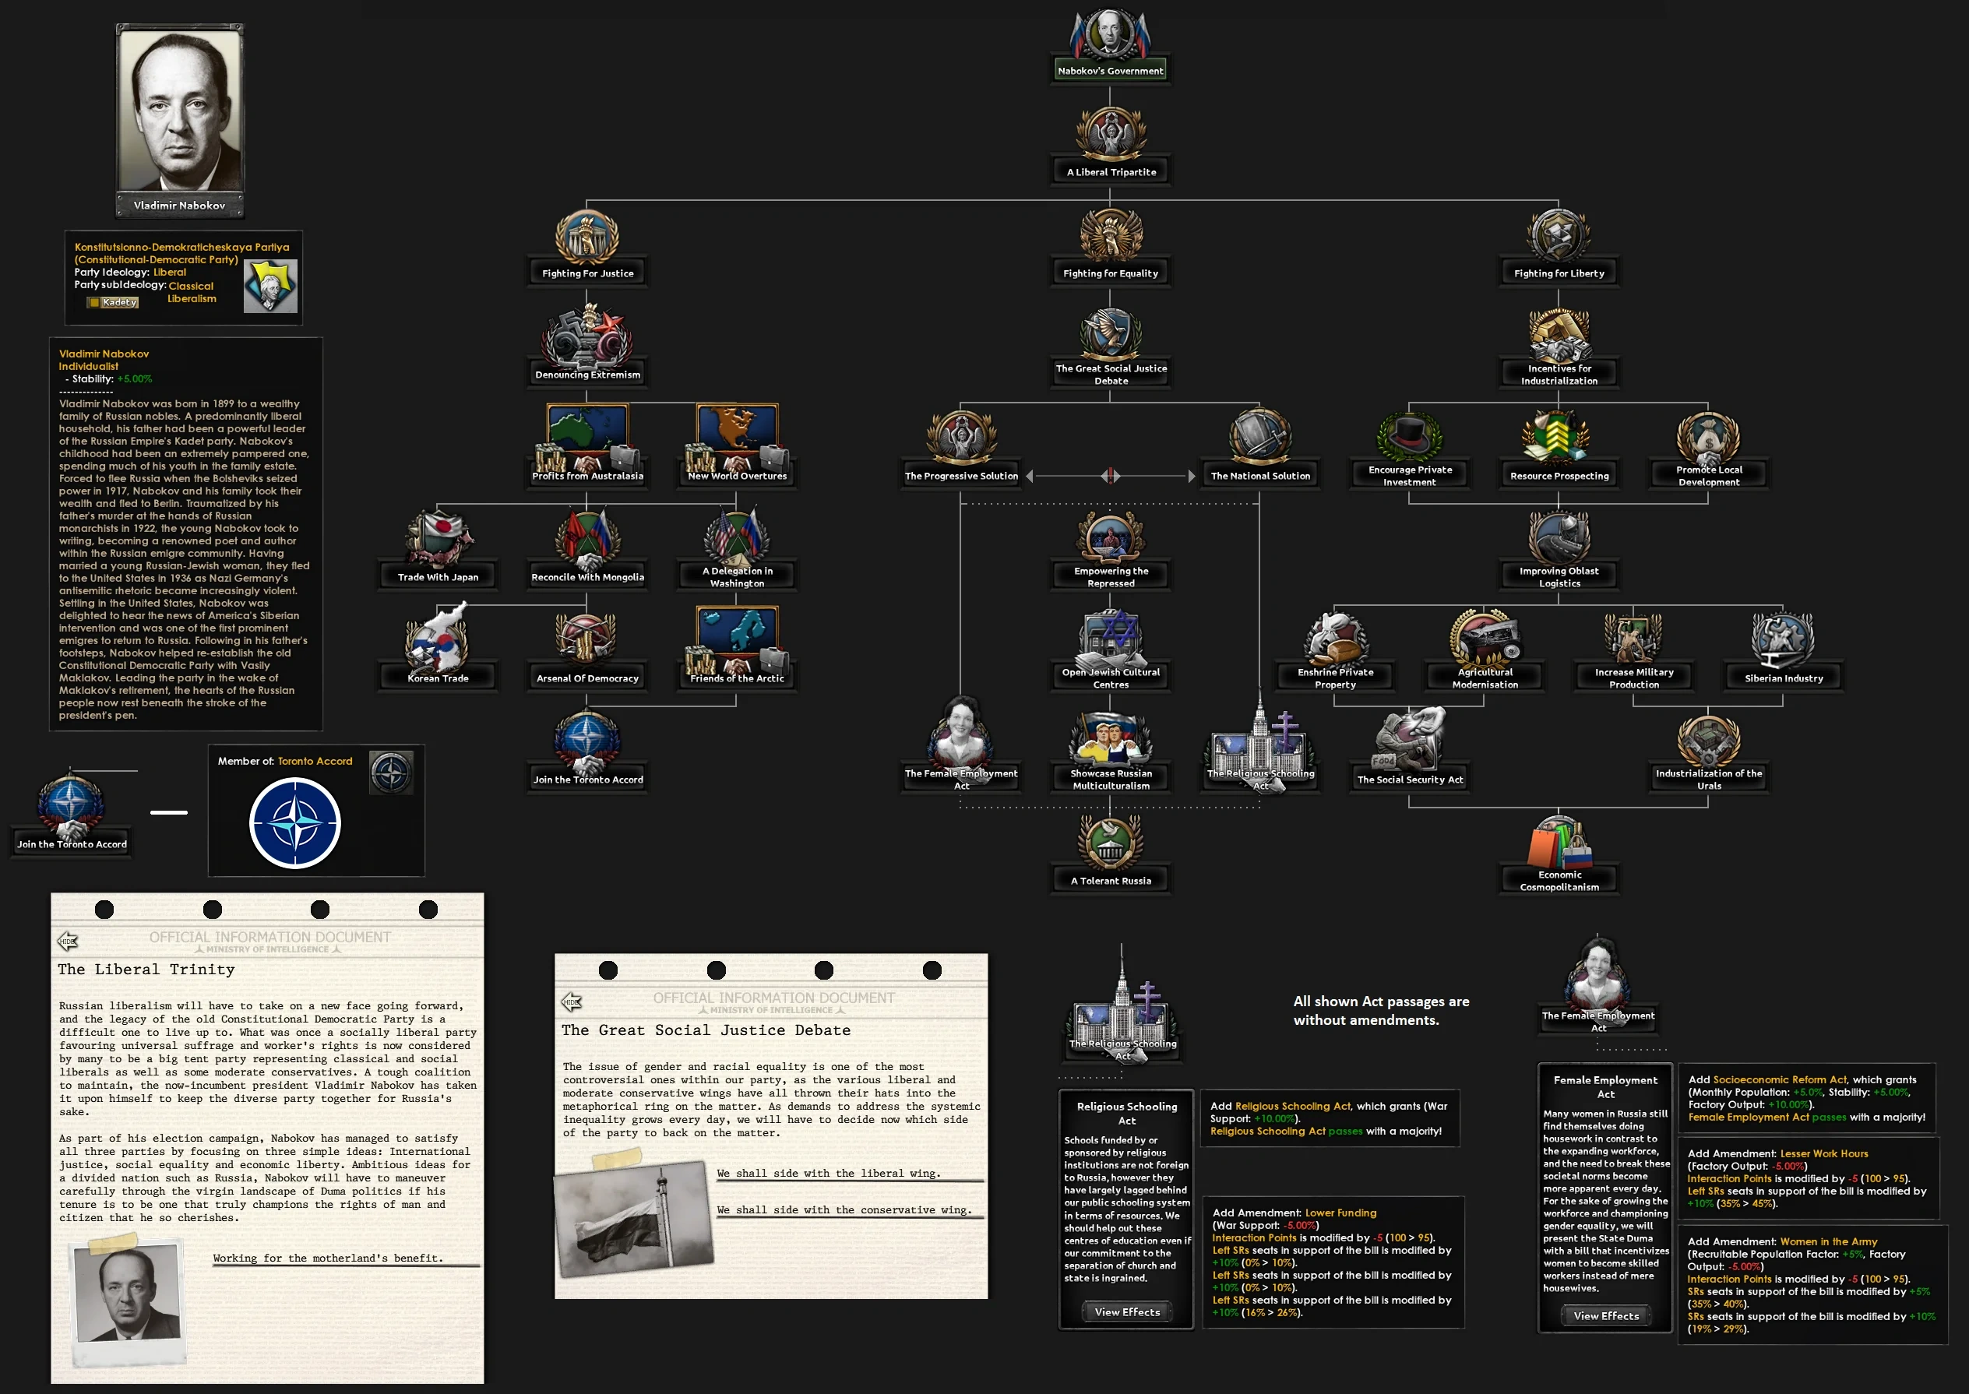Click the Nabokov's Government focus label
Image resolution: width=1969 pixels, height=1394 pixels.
1110,71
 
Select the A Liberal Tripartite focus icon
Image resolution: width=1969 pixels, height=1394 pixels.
1110,133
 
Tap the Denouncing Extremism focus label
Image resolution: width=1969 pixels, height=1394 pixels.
587,375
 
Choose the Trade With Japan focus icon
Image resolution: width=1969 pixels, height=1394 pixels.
438,539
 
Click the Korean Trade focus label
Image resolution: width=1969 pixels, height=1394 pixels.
438,678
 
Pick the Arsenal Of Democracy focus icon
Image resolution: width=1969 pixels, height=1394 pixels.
587,639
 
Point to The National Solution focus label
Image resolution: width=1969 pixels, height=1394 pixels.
1259,477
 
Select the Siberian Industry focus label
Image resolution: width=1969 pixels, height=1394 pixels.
1783,678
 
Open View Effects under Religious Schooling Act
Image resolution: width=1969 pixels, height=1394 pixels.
1126,1311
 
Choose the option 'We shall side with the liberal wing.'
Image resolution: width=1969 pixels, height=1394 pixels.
828,1174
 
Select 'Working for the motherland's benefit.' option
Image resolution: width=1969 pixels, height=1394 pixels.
328,1258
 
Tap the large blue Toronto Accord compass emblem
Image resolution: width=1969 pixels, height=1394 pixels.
294,822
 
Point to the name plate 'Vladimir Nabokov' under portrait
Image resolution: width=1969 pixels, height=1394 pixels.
179,205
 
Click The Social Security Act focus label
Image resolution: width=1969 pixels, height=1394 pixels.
1408,780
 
